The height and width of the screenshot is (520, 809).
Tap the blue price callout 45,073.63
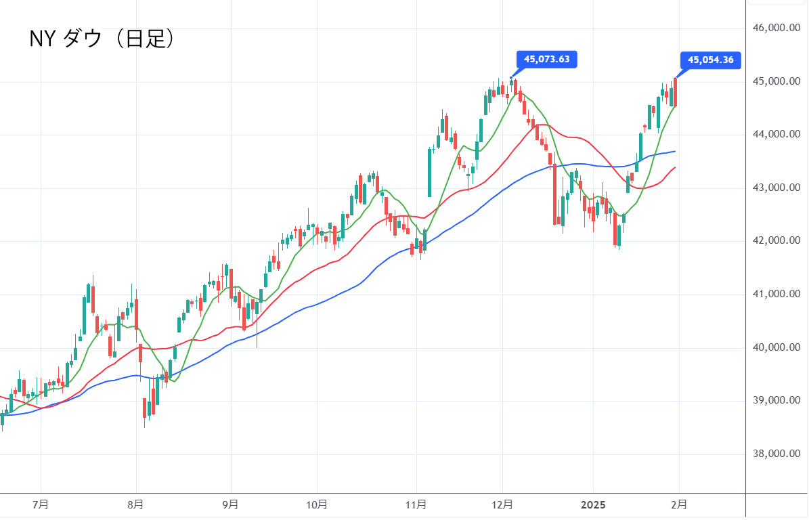(546, 60)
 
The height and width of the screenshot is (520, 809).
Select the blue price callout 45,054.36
(710, 60)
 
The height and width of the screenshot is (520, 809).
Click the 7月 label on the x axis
(41, 504)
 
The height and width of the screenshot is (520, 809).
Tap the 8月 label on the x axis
(136, 504)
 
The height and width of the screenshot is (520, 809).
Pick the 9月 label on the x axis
(231, 504)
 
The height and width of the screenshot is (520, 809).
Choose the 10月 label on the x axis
(317, 504)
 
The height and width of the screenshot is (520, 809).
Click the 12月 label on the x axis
(502, 504)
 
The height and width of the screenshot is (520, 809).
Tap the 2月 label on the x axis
(680, 504)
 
